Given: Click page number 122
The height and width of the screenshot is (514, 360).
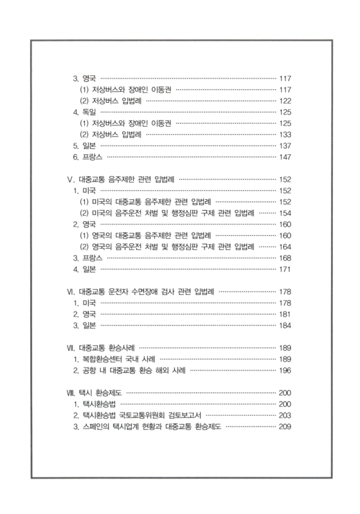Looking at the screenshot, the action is click(x=286, y=101).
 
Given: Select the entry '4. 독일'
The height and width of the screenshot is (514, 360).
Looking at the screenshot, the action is click(x=84, y=112).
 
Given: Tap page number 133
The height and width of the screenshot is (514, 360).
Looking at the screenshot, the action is click(x=286, y=134).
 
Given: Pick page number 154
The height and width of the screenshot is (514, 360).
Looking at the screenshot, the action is click(x=286, y=213).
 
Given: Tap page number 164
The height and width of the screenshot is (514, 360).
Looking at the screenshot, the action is click(x=286, y=246).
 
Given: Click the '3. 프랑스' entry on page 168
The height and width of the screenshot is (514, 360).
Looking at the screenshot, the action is click(x=87, y=258).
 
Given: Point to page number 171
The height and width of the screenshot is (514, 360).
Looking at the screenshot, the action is click(x=286, y=269).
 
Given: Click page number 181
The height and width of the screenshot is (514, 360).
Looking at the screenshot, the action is click(x=286, y=314).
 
